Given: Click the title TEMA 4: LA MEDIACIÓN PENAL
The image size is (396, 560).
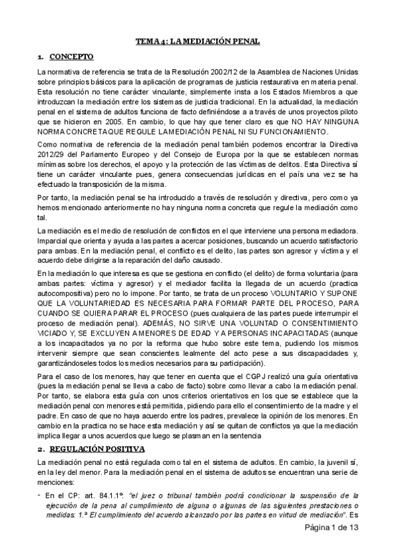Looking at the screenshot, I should (x=198, y=41).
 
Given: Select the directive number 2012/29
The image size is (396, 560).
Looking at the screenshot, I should (x=54, y=155).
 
